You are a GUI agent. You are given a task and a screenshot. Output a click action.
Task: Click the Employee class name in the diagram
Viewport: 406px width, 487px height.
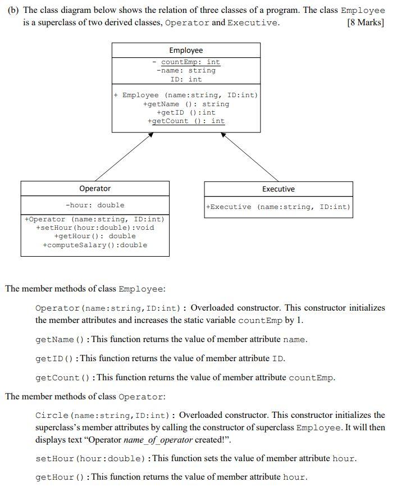[186, 51]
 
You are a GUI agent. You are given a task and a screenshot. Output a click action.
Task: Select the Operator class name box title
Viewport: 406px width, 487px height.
[95, 189]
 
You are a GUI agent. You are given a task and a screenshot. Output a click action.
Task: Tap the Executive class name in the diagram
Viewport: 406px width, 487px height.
[278, 189]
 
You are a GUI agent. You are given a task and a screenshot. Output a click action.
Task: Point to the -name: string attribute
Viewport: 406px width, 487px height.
[186, 71]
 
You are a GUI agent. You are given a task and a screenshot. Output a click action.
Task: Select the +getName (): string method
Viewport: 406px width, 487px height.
[186, 104]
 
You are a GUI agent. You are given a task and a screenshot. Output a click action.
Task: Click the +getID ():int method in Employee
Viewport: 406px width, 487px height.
[186, 112]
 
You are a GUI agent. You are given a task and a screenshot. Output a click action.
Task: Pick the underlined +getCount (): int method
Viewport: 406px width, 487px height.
[186, 121]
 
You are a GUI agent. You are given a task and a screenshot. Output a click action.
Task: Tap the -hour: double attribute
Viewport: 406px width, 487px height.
[95, 205]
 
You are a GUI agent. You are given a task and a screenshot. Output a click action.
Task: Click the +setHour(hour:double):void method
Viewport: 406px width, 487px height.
[95, 227]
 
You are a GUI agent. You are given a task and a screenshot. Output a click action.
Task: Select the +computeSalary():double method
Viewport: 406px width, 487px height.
[95, 245]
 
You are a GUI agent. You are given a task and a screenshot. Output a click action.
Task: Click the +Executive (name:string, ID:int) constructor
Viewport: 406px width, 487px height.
[278, 207]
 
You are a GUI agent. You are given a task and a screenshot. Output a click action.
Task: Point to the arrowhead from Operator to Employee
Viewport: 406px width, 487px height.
[150, 135]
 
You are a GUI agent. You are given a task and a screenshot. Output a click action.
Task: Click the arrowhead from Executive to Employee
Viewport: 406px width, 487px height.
[223, 135]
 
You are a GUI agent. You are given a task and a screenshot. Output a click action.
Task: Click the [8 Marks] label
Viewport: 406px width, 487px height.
[366, 22]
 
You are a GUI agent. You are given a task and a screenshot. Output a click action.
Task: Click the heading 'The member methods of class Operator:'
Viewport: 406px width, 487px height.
[85, 397]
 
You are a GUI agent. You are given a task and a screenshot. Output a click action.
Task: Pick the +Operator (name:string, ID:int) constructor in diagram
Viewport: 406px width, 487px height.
[95, 219]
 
